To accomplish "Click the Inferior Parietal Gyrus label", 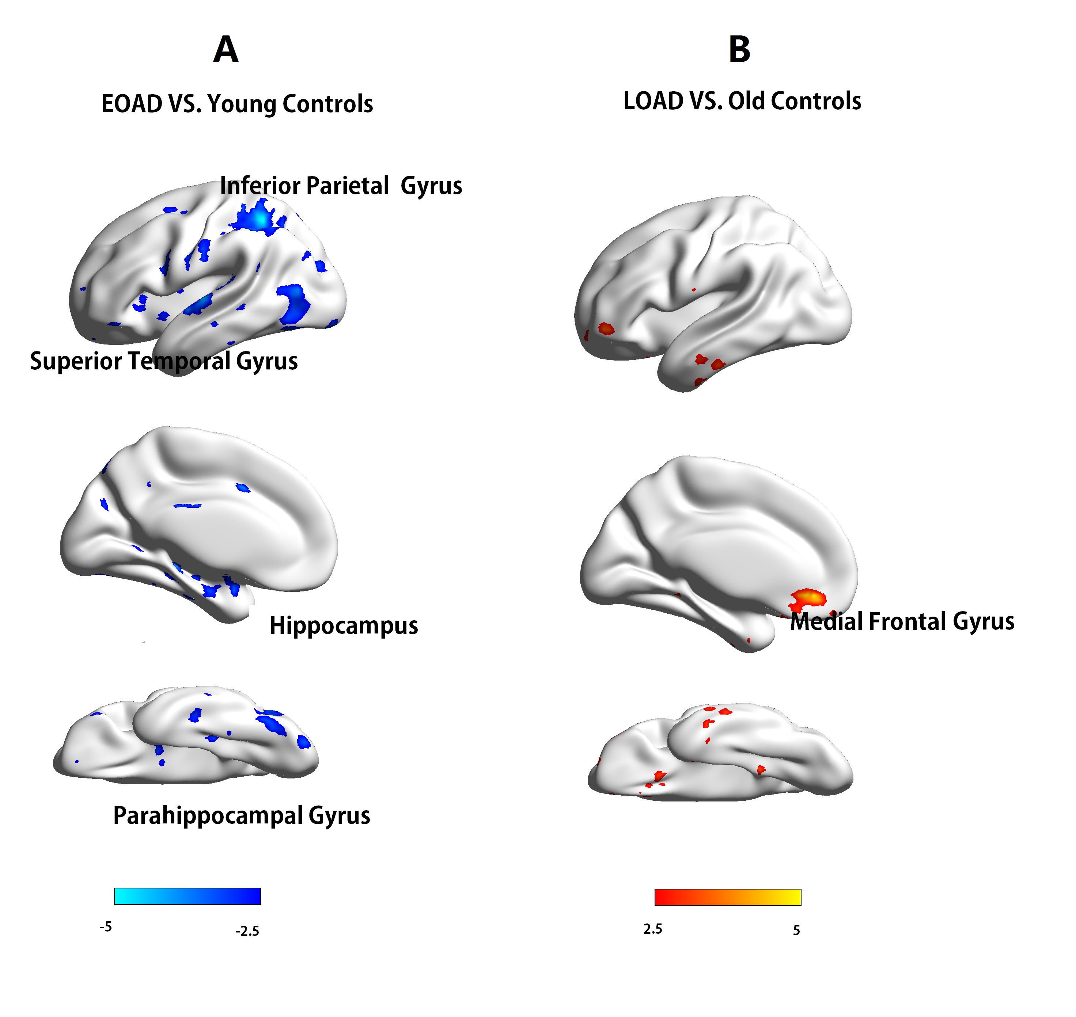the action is click(x=341, y=186).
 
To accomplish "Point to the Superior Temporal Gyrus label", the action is click(x=164, y=361).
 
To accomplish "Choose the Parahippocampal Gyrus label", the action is click(x=241, y=815).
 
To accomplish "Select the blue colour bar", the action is click(x=187, y=896).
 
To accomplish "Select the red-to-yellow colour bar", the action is click(x=727, y=897).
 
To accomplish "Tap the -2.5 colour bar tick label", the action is click(x=247, y=931).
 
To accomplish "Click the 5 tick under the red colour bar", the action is click(x=796, y=930).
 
